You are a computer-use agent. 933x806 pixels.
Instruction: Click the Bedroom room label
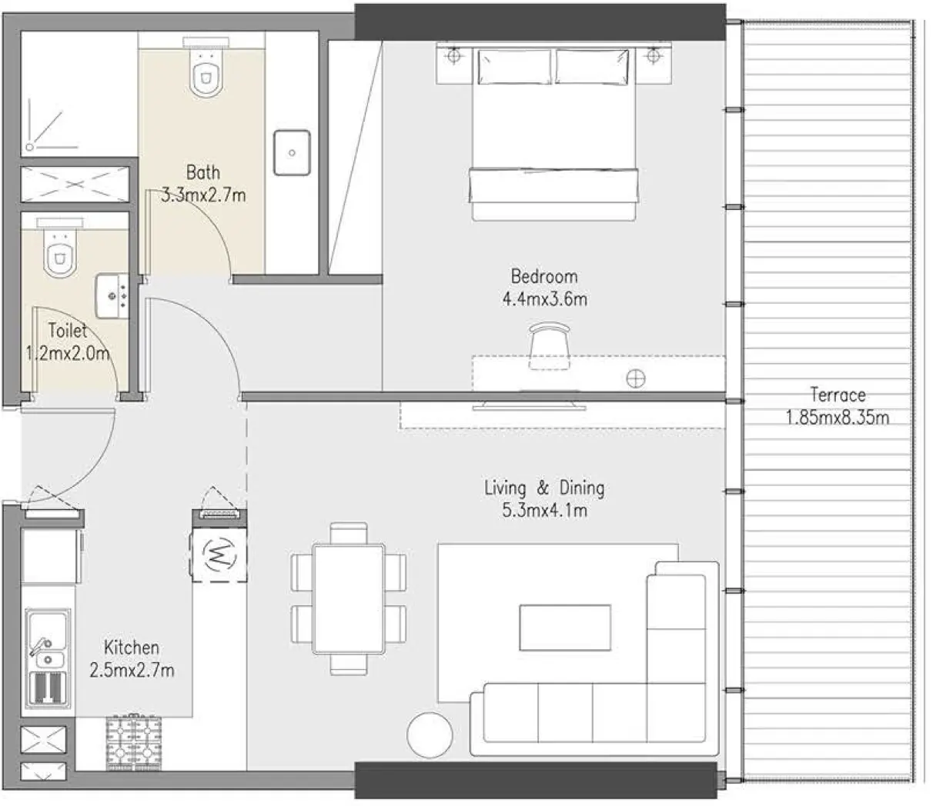point(543,276)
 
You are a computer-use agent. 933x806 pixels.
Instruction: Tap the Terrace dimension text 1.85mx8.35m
point(838,418)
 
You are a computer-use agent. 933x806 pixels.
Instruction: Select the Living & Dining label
point(543,488)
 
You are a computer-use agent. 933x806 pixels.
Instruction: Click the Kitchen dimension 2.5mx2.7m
point(132,670)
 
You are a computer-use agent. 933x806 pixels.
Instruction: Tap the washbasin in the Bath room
point(292,152)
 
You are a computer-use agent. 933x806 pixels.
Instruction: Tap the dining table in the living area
point(349,598)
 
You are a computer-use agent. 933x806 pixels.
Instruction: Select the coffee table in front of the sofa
point(565,628)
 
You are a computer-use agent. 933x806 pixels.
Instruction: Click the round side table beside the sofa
point(430,735)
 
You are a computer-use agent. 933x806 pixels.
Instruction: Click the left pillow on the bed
point(514,66)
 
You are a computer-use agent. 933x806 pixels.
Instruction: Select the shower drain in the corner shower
point(30,145)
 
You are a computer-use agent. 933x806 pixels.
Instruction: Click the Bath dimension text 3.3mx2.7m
point(203,195)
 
